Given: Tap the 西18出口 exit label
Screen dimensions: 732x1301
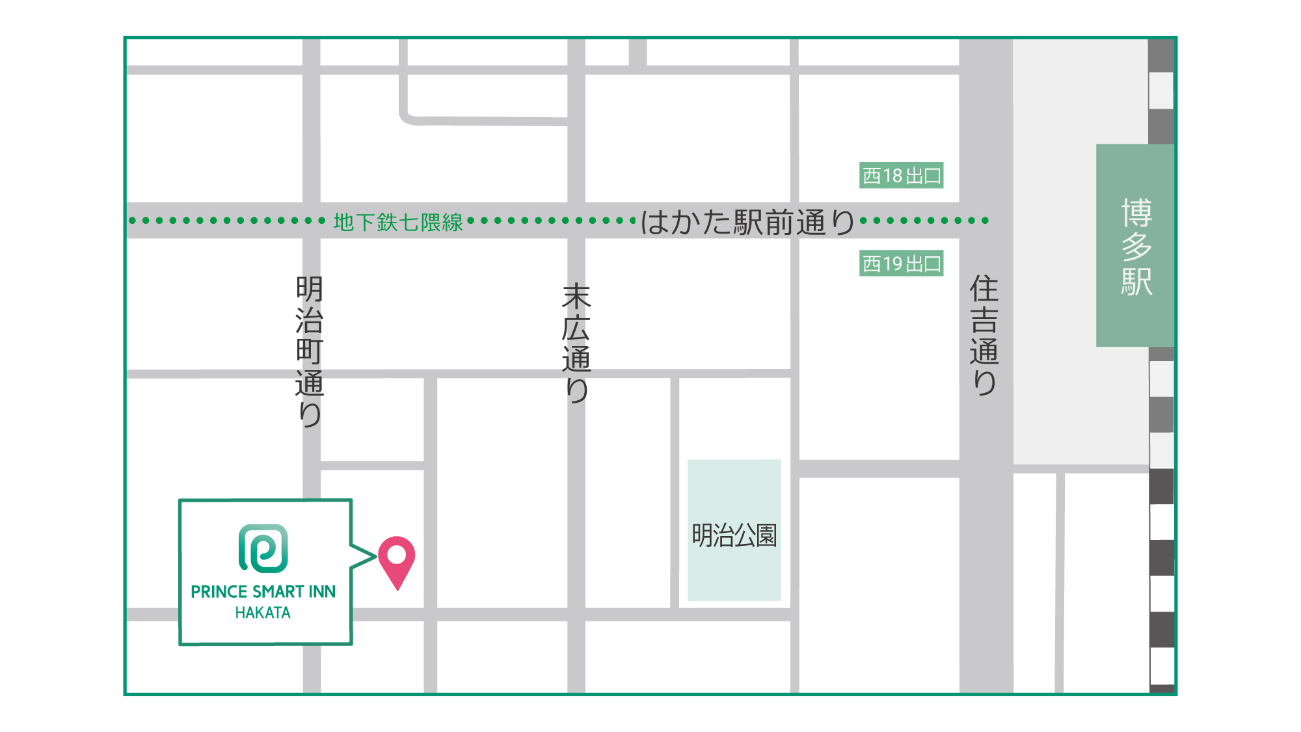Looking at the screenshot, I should (x=901, y=176).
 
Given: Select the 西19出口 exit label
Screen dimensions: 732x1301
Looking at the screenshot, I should (x=901, y=264).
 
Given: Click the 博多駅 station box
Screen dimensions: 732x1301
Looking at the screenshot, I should (x=1135, y=246).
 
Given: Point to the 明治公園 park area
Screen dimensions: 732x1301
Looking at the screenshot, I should (x=734, y=530).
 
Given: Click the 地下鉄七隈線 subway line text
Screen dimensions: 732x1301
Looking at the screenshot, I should (x=397, y=222).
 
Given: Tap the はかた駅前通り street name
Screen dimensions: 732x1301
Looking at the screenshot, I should (x=748, y=223).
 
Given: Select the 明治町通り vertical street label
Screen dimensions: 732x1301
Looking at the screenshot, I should (x=310, y=351).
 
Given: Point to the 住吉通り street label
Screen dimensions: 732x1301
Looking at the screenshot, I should (x=984, y=335).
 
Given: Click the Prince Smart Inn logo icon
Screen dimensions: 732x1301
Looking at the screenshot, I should (x=263, y=549).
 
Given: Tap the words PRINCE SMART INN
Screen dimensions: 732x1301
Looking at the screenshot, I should (x=263, y=591).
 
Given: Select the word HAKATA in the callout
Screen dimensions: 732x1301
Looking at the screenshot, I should (x=263, y=613).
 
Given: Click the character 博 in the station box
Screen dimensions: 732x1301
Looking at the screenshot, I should (x=1136, y=213).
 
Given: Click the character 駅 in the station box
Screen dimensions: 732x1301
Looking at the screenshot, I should (x=1136, y=282).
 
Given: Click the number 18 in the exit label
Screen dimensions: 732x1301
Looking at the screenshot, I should (x=892, y=176).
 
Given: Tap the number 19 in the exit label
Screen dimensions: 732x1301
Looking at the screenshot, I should (x=892, y=264).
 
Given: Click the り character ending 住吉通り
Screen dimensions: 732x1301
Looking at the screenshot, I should (x=985, y=383).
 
